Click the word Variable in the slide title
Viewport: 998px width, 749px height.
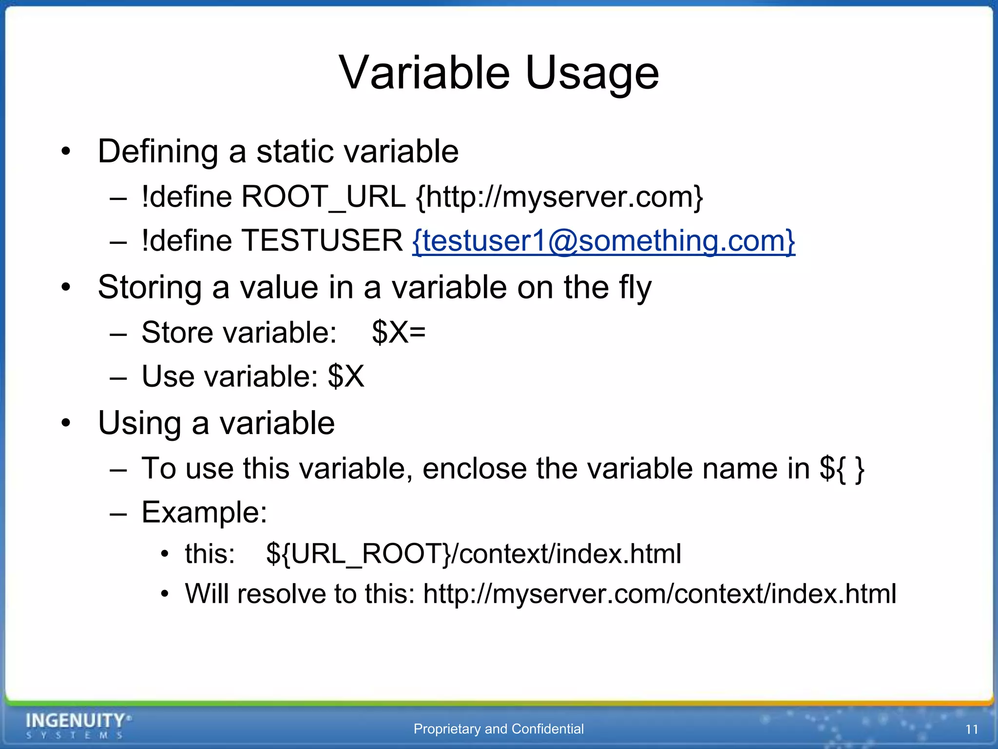click(x=424, y=73)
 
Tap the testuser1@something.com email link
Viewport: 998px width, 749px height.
click(x=603, y=241)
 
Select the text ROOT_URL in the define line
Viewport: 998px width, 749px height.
click(x=323, y=197)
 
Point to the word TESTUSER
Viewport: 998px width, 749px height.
click(x=322, y=241)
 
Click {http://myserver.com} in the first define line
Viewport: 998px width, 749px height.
click(x=559, y=197)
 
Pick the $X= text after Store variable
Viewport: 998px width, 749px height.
click(x=399, y=333)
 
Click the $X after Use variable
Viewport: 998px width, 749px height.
click(x=346, y=376)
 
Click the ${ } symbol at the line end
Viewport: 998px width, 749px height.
click(x=842, y=469)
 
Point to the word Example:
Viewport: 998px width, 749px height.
click(x=204, y=512)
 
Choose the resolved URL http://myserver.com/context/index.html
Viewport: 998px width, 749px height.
click(x=659, y=594)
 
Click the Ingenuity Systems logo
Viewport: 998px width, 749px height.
click(x=78, y=725)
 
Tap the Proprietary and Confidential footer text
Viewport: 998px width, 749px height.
click(x=499, y=729)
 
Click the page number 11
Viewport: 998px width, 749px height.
click(x=972, y=729)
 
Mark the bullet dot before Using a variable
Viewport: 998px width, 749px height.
click(x=66, y=423)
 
